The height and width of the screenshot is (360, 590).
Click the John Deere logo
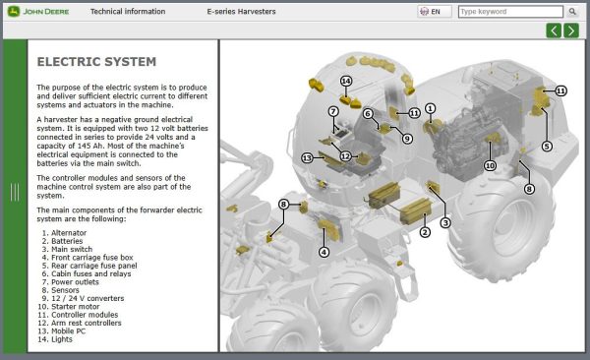point(37,12)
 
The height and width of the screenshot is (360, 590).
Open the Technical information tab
point(120,12)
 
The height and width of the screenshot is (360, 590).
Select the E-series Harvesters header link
point(242,12)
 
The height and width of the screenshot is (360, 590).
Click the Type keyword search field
point(509,12)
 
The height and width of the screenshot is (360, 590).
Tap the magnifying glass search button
point(572,12)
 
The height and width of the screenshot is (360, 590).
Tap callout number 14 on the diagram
point(346,81)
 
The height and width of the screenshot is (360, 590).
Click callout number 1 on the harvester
point(431,108)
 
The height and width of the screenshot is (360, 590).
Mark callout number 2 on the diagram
point(425,232)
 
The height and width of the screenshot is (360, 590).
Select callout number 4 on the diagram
point(324,252)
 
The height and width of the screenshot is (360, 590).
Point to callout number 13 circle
point(307,157)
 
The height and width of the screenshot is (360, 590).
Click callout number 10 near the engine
point(490,166)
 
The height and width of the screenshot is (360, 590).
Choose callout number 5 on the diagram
point(547,146)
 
